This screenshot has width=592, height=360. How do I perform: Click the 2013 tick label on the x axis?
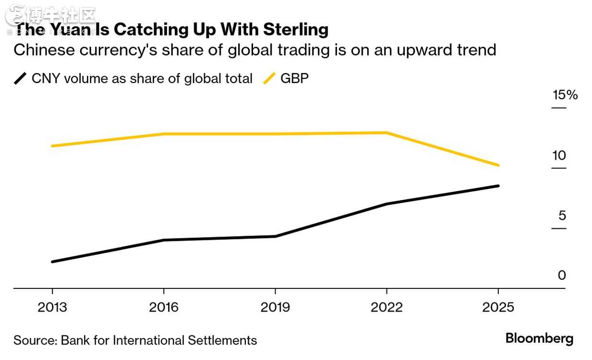coord(52,307)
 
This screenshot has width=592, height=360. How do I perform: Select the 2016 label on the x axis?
coord(164,307)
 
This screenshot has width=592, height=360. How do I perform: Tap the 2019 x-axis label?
coord(275,307)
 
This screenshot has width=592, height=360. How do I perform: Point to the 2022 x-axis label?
coord(387,307)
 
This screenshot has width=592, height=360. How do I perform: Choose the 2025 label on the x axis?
coord(498,307)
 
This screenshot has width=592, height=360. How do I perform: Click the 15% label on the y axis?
coord(565,95)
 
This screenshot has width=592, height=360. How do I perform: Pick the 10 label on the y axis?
coord(559,156)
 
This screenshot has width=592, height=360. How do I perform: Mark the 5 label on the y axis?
coord(562,216)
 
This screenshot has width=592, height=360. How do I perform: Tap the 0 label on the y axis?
coord(562,276)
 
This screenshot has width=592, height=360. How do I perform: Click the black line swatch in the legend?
coord(21,78)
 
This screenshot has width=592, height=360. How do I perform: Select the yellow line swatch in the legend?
coord(269,78)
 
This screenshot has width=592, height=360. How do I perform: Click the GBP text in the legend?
coord(294,78)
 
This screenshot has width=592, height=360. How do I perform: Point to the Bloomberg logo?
coord(539,338)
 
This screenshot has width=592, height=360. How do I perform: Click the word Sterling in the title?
coord(296,30)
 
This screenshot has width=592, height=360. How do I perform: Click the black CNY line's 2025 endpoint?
coord(498,186)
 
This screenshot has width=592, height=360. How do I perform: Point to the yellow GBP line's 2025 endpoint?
coord(498,165)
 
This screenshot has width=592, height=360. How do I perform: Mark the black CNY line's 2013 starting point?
coord(52,262)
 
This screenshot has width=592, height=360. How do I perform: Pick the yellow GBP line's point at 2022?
coord(387,132)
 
